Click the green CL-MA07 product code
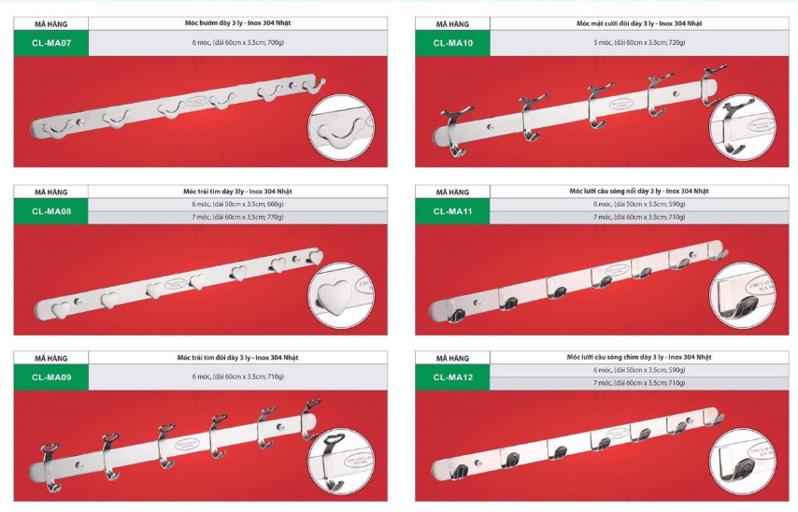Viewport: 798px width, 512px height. (51, 42)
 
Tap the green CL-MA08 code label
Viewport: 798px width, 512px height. (51, 211)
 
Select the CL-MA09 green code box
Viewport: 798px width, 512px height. (51, 377)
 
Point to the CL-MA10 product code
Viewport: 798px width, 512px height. (452, 42)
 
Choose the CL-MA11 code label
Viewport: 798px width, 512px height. (452, 211)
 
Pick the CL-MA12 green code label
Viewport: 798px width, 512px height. (452, 377)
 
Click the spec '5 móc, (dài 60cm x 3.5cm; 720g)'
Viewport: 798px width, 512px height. (639, 43)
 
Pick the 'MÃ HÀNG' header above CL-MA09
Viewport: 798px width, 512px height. (51, 358)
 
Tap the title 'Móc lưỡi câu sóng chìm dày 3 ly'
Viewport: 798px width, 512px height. (639, 357)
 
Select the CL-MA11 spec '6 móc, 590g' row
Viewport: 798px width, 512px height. (639, 204)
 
